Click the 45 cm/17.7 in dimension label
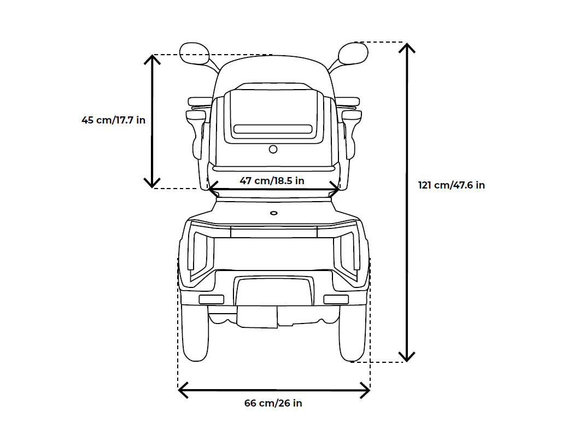coord(113,120)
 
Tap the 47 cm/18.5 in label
coord(272,180)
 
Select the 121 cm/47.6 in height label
coord(451,185)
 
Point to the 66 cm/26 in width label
coord(273,403)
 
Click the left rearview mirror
coord(195,54)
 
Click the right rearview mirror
coord(353,54)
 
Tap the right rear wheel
coord(353,334)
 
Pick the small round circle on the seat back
coord(273,149)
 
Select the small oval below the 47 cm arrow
coord(274,213)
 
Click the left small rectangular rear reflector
coord(211,299)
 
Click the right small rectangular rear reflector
coord(336,299)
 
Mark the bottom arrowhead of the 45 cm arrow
coord(152,183)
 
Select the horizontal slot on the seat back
coord(273,131)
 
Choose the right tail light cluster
coord(348,252)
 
